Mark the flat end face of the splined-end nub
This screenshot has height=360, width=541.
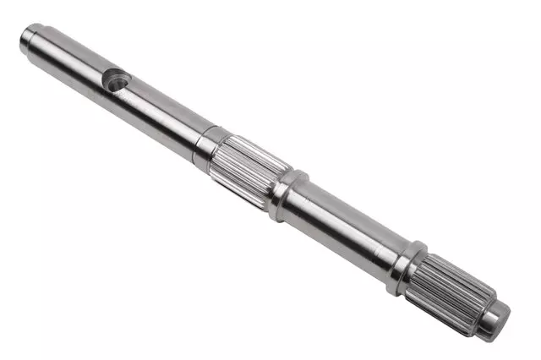pyautogui.click(x=505, y=319)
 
